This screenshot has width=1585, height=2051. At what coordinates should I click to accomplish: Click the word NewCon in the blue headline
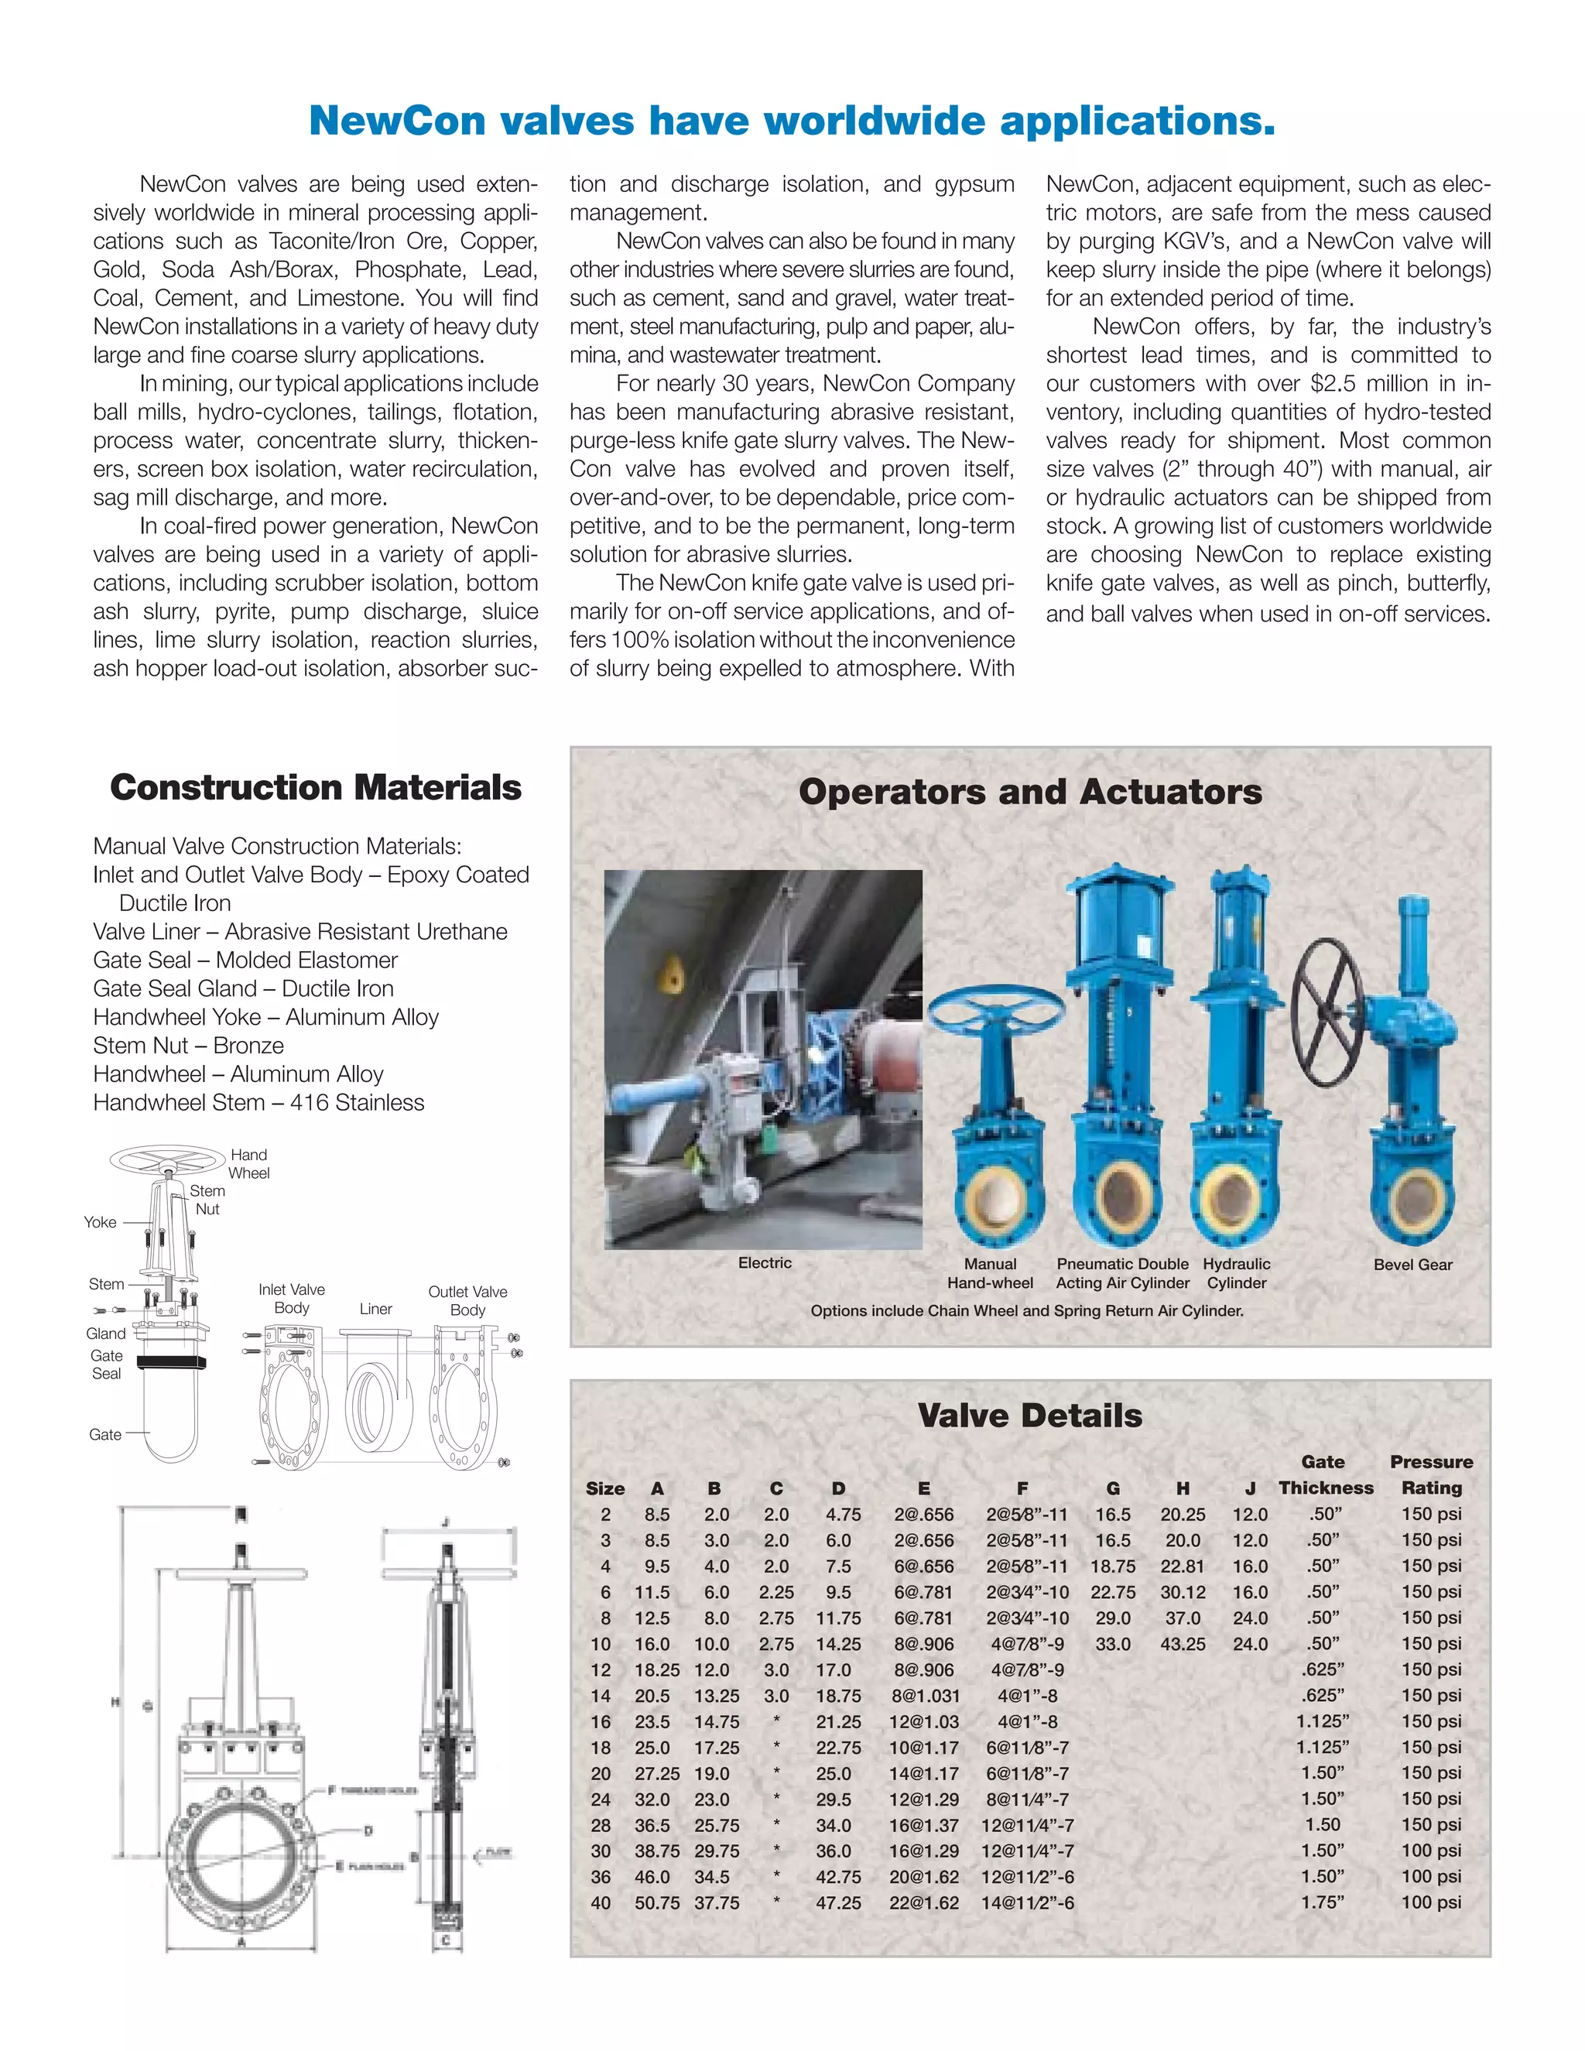coord(396,122)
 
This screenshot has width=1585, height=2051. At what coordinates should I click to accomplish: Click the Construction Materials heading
coord(316,787)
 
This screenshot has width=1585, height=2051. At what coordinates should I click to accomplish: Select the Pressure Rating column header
coord(1431,1474)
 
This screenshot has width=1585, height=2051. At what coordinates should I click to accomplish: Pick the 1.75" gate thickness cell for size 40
coord(1322,1902)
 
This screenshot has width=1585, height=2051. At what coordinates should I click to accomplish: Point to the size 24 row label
coord(600,1799)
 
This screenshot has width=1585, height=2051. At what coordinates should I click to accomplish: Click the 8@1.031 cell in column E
coord(924,1695)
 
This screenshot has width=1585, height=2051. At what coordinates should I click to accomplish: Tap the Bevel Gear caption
coord(1412,1264)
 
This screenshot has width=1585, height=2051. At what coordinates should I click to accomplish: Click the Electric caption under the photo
coord(765,1262)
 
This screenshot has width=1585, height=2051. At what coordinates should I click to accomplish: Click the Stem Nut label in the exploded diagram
coord(207,1199)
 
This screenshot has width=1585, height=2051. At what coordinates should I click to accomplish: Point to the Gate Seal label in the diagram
coord(106,1364)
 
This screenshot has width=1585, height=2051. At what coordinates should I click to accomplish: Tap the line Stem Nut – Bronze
coord(188,1045)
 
